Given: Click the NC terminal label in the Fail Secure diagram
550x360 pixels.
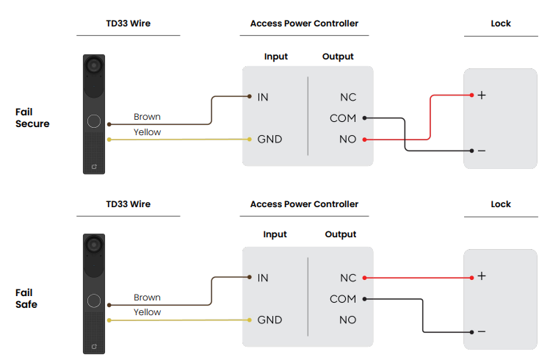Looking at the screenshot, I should (x=348, y=97).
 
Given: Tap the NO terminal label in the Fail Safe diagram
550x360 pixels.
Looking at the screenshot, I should (x=348, y=320).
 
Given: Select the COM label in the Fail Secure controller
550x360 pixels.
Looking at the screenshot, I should (x=343, y=118).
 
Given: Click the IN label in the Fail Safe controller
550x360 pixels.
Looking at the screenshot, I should (x=263, y=278).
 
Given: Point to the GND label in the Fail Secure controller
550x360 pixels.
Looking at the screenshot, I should (x=269, y=139).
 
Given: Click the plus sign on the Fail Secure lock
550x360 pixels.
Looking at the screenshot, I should (x=482, y=95).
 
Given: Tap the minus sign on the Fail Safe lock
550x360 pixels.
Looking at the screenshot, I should (x=482, y=331).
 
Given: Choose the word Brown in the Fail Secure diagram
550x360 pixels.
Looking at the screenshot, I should (x=147, y=117).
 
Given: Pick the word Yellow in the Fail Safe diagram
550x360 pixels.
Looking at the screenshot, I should (x=147, y=312).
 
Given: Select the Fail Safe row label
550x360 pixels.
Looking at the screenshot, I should (x=26, y=298).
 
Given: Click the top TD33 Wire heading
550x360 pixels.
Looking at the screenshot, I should (x=128, y=24).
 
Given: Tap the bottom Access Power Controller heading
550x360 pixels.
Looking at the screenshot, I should (x=304, y=204).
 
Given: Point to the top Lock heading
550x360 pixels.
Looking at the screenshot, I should (x=501, y=24).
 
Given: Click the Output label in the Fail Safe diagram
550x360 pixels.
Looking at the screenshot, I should (x=341, y=234).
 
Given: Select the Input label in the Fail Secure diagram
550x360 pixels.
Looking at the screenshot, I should (x=276, y=57).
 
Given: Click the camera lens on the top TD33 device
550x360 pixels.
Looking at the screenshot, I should (x=94, y=65).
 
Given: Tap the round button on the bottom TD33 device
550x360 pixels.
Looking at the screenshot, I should (x=94, y=301).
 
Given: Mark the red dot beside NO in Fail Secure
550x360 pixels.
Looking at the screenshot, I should (x=364, y=139).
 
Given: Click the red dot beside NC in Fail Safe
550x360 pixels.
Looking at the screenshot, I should (x=364, y=278).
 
